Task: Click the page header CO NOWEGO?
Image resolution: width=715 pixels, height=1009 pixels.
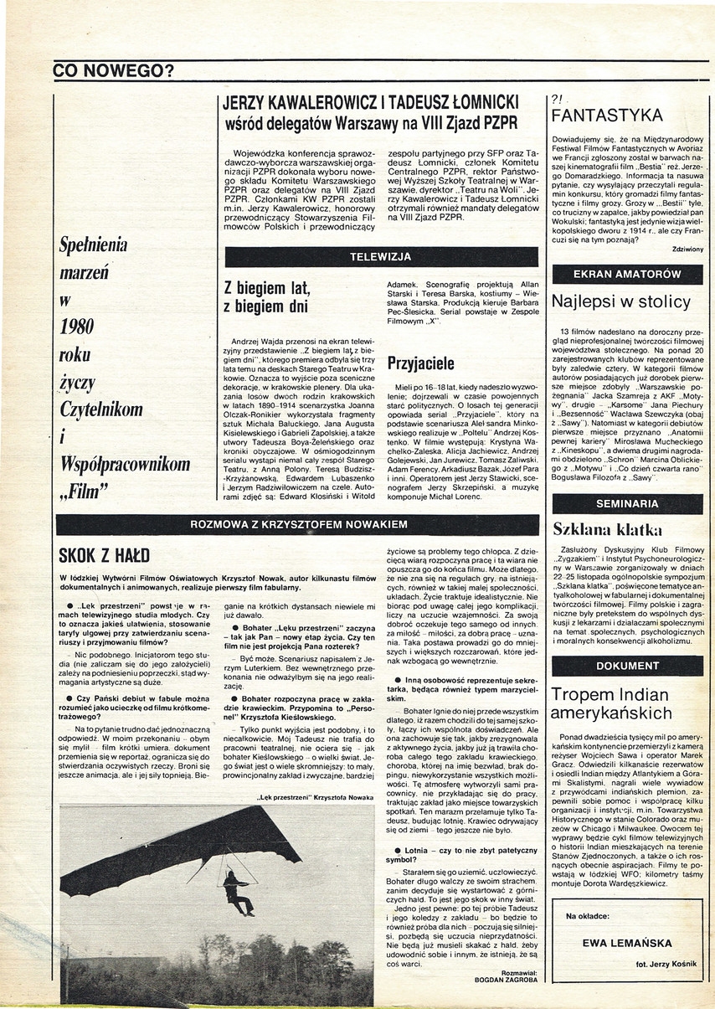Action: point(112,70)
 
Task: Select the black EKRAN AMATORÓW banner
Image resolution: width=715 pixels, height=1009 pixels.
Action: point(627,274)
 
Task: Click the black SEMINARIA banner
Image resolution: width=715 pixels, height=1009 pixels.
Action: point(627,503)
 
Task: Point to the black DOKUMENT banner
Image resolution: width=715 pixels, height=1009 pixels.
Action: point(627,666)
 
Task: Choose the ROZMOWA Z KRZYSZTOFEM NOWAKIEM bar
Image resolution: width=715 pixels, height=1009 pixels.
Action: point(297,524)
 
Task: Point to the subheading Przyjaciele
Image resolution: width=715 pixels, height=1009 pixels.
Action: point(420,363)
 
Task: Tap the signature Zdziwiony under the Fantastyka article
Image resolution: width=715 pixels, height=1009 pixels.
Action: point(687,249)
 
